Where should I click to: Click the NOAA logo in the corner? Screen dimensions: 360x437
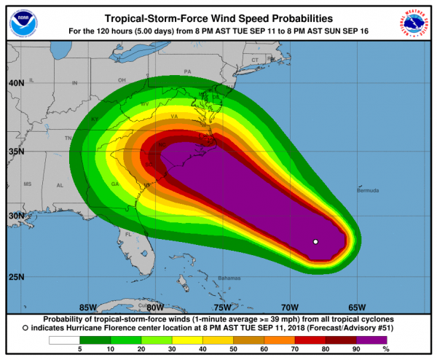pyautogui.click(x=22, y=22)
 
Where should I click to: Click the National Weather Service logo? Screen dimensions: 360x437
pyautogui.click(x=414, y=22)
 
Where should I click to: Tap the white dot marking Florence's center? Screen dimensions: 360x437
pyautogui.click(x=315, y=241)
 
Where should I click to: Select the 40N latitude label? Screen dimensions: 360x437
pyautogui.click(x=16, y=83)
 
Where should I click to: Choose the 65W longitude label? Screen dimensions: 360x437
pyautogui.click(x=356, y=307)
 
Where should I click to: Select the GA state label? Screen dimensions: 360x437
pyautogui.click(x=115, y=184)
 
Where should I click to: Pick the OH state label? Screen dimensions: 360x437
pyautogui.click(x=122, y=80)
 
